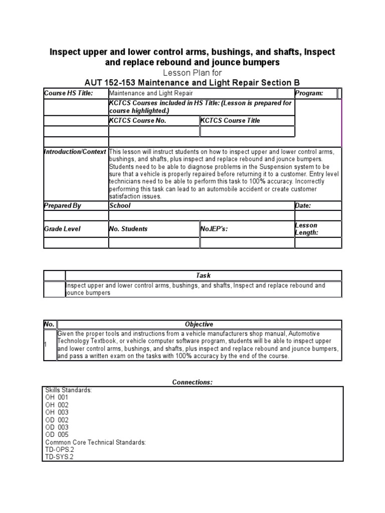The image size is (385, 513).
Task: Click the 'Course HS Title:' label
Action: coord(69,93)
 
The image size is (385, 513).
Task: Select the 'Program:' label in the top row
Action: coord(309,93)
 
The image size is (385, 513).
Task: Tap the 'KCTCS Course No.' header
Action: coord(137,121)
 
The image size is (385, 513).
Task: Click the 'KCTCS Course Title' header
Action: coord(231,121)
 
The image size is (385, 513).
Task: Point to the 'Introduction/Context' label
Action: coord(75,152)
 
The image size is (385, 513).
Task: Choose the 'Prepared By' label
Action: coord(63,205)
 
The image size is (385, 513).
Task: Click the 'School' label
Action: coord(120,205)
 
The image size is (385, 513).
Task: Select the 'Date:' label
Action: coord(303,205)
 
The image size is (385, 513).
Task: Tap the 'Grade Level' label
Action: coord(62,229)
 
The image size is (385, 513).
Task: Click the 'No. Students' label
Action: coord(128,229)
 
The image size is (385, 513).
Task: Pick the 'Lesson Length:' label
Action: coord(306,229)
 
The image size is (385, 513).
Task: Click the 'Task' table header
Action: coord(203,276)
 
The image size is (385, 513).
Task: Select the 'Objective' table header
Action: coord(199,324)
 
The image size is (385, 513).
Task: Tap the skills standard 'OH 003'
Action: coord(57,412)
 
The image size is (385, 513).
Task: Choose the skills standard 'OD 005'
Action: coord(57,435)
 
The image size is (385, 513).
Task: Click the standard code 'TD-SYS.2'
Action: coord(59,457)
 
